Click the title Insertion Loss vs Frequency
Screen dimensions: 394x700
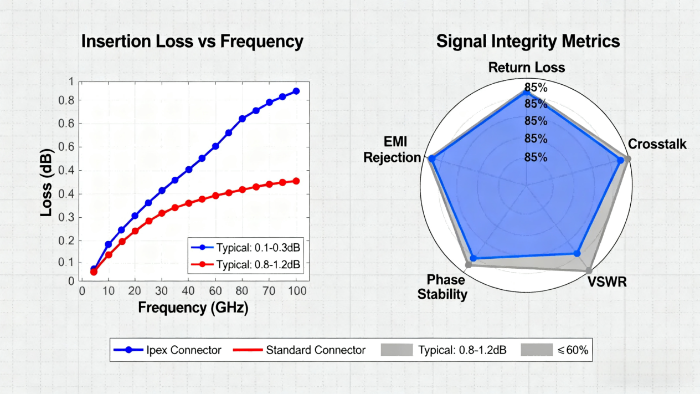192,42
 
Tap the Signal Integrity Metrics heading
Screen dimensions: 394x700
528,42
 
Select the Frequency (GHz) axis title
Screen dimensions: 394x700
193,308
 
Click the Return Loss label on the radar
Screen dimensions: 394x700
527,68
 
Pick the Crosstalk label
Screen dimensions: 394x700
657,145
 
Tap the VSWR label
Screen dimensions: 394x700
608,282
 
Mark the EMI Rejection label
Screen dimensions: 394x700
392,150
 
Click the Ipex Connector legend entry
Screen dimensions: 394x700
168,350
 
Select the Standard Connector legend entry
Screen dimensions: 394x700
300,350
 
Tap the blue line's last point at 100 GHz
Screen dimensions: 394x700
296,91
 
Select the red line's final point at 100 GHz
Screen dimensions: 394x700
296,181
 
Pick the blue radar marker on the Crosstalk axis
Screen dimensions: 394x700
621,160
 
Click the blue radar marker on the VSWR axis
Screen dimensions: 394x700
577,254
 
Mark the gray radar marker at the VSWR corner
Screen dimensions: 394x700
589,271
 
